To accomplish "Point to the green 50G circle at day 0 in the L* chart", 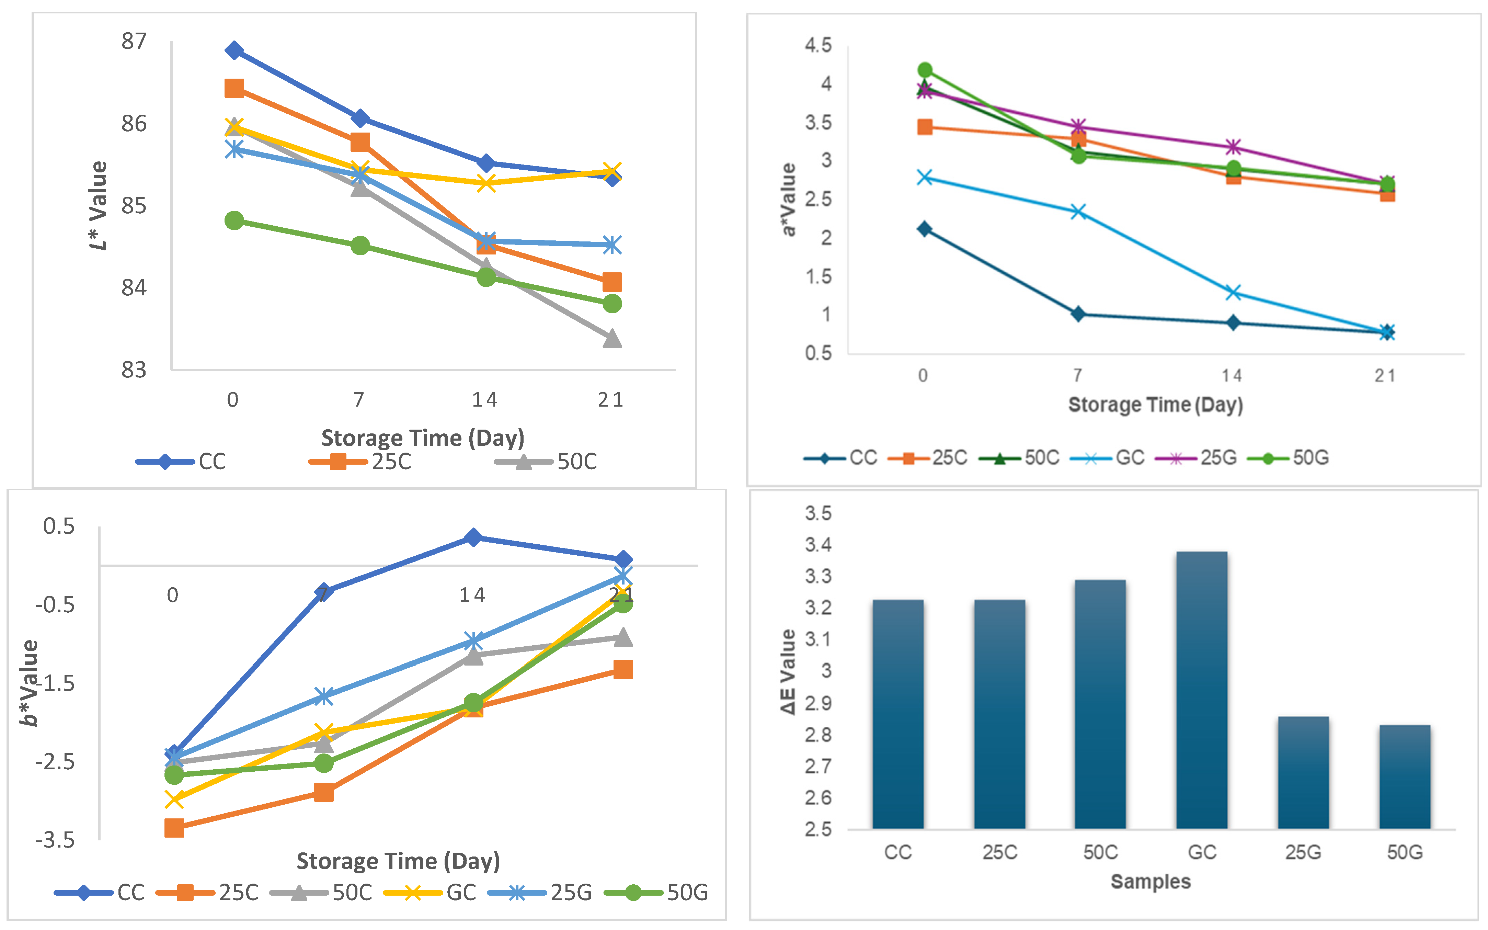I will click(234, 220).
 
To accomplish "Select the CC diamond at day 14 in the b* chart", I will click(473, 537).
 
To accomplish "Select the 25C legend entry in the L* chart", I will click(360, 461).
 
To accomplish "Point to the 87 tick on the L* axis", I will click(134, 42).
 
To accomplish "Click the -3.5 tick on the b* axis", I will click(55, 840).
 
